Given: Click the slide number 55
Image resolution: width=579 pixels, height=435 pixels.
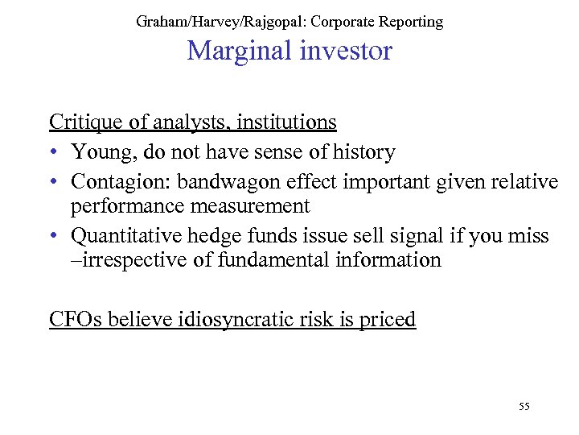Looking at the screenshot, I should [x=524, y=406].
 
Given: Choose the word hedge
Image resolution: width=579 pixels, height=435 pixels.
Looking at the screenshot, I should [x=203, y=235].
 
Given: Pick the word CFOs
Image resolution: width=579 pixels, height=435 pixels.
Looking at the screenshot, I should [x=72, y=319].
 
